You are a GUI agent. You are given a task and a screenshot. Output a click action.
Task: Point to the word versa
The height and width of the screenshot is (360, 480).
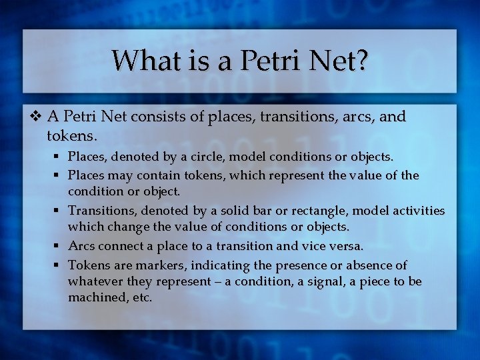pyautogui.click(x=345, y=245)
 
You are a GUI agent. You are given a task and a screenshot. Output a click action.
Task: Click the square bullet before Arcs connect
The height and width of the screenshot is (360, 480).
pyautogui.click(x=59, y=246)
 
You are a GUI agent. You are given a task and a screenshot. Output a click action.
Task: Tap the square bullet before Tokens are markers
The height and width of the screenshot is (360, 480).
pyautogui.click(x=59, y=265)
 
